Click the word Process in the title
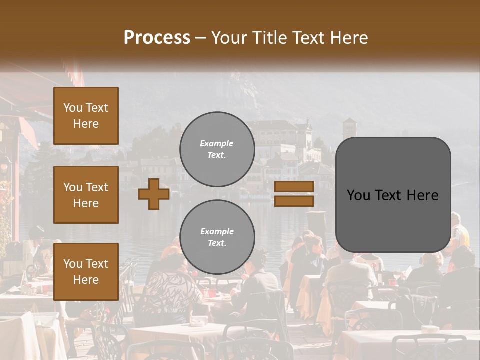[157, 38]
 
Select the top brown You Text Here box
[86, 116]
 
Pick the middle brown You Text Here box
[86, 195]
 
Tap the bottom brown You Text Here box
[86, 271]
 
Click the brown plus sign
[154, 194]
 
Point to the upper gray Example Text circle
[217, 149]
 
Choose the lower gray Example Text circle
[217, 237]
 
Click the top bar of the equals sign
[294, 186]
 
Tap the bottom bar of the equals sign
[294, 201]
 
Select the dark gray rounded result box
[393, 195]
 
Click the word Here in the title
[350, 38]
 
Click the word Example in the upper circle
[217, 143]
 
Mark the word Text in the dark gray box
[390, 195]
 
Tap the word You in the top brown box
[72, 108]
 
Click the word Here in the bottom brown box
[86, 280]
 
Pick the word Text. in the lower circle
[217, 243]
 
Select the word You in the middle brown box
[72, 187]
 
